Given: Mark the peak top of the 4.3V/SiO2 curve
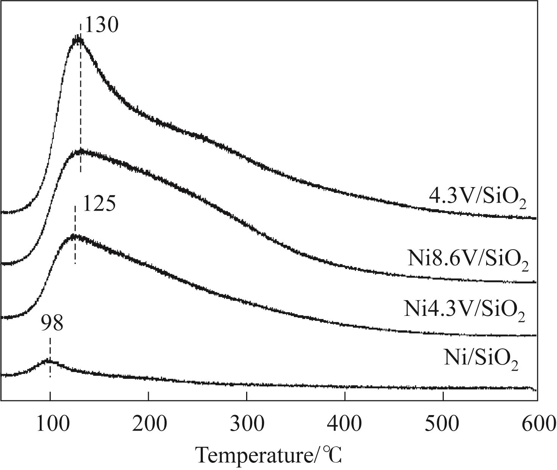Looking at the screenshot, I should point(78,40).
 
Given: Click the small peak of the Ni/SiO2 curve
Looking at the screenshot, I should point(48,361).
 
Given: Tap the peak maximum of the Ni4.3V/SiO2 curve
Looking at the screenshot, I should point(74,237).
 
